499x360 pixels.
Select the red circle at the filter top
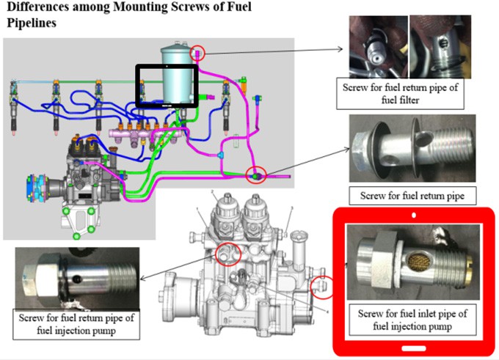click(x=198, y=53)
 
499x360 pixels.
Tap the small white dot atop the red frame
click(x=415, y=217)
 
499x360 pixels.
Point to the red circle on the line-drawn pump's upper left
click(x=228, y=253)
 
